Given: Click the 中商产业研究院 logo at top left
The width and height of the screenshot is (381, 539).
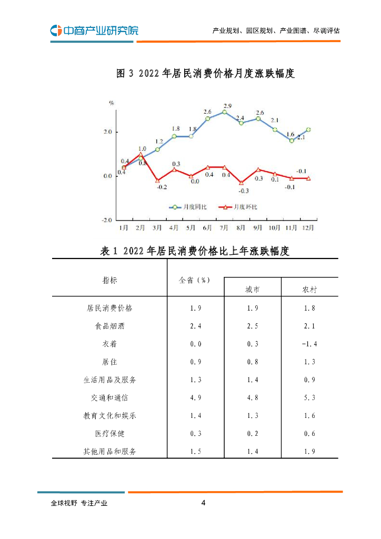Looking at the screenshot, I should click(94, 31).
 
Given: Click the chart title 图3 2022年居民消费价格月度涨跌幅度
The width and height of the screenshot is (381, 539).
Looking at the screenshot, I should click(205, 74).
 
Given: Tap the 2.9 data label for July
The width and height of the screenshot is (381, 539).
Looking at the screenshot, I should click(225, 106).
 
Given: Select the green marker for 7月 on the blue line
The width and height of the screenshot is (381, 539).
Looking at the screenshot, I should click(225, 112).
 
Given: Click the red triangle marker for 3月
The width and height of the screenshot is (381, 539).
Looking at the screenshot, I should click(157, 181).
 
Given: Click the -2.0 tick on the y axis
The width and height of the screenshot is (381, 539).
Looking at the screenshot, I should click(107, 219).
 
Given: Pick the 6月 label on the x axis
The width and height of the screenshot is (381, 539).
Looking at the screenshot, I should click(207, 228).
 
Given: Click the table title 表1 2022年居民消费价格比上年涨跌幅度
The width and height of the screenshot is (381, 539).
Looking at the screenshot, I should click(195, 251).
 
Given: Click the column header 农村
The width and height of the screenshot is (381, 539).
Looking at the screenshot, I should click(309, 290).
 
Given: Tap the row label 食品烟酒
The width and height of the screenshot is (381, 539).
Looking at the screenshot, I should click(110, 326).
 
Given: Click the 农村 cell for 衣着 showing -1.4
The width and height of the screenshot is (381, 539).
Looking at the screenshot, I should click(309, 344).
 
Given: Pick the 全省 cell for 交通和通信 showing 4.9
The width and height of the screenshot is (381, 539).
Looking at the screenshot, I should click(196, 398).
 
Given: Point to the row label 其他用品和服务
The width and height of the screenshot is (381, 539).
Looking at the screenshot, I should click(110, 452).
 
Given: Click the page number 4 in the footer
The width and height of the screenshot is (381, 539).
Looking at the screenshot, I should click(203, 503).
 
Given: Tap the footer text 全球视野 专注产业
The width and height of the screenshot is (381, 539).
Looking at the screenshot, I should click(79, 503).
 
